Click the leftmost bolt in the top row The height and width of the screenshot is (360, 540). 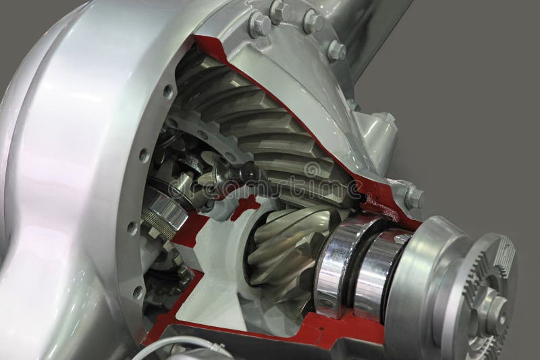click(259, 25)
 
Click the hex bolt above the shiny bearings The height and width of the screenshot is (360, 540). click(414, 197)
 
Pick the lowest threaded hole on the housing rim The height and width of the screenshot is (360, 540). click(138, 292)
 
